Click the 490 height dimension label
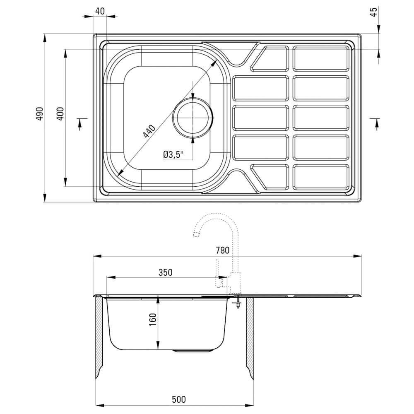click(39, 114)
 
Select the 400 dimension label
click(60, 114)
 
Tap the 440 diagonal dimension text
click(149, 131)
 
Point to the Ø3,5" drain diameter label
click(173, 154)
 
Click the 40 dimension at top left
click(99, 11)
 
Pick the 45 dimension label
click(374, 12)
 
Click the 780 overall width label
click(223, 250)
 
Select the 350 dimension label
click(166, 272)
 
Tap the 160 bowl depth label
click(153, 320)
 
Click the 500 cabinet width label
click(179, 400)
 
